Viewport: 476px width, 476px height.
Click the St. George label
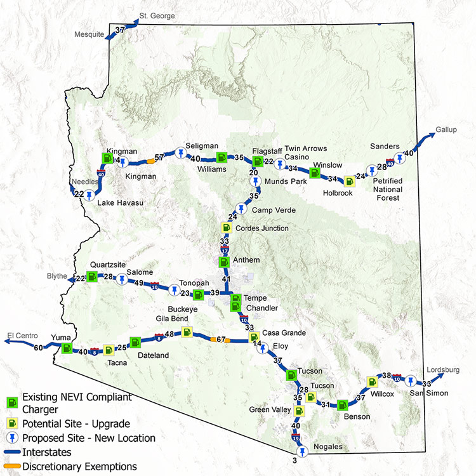coord(157,16)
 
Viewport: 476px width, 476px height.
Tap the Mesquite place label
coord(89,34)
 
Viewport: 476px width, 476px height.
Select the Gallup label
coord(446,130)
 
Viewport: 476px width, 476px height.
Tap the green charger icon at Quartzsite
coord(92,277)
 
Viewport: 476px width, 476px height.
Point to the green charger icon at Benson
coord(342,404)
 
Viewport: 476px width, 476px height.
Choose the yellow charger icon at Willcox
coord(372,382)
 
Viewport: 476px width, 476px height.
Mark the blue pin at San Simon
coord(411,381)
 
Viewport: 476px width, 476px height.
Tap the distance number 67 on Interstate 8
coord(221,340)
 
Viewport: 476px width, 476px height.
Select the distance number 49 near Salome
coord(138,283)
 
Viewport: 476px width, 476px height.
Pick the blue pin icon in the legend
coord(12,438)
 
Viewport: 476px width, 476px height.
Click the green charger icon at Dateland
coord(135,343)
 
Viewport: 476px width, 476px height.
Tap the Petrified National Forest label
coord(388,189)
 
